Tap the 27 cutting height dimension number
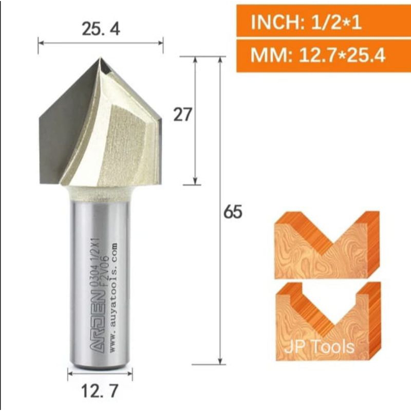(x=182, y=115)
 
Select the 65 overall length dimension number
(x=232, y=212)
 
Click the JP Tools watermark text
(x=320, y=347)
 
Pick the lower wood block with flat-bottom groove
(x=327, y=321)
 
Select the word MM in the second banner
(x=263, y=55)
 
